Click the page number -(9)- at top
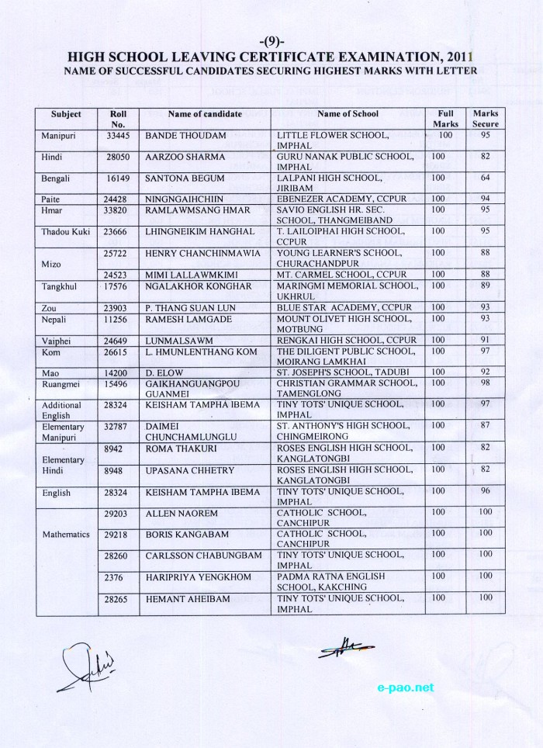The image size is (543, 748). pos(271,40)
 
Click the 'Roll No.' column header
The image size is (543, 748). pos(119,119)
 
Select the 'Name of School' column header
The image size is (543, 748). pos(348,114)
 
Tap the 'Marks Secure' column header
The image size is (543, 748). pos(486,119)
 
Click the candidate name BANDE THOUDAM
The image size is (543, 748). pos(185,136)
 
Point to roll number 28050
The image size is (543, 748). pos(118,158)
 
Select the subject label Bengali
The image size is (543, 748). pos(55,179)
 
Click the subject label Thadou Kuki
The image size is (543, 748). pos(66,232)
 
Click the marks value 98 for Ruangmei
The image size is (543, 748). pos(486,383)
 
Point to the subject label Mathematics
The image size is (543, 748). pos(66,535)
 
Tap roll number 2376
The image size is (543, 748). pos(116,577)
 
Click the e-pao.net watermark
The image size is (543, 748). pos(406,687)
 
